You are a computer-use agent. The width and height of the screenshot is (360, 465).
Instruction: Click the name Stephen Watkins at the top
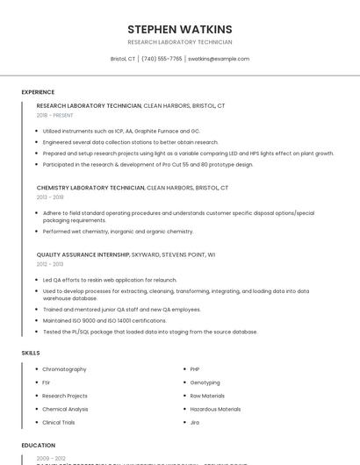coord(179,29)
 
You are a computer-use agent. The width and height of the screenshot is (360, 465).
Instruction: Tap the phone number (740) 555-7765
coord(162,59)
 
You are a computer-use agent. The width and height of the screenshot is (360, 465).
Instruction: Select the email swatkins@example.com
coord(219,59)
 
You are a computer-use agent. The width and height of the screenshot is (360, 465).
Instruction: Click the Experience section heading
coord(38,92)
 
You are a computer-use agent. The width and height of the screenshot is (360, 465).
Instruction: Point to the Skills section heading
coord(31,353)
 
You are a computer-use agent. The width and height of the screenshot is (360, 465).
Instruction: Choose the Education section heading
coord(39,445)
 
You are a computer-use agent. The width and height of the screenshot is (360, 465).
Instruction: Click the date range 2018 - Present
coord(56,115)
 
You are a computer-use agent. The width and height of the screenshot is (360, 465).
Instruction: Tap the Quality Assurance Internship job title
coord(83,254)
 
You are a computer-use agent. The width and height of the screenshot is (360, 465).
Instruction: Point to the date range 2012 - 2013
coord(50,264)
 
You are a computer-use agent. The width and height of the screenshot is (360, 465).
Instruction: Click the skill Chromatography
coord(64,369)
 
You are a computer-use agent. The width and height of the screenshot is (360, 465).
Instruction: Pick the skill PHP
coord(195,369)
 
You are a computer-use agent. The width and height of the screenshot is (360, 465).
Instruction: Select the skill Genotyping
coord(205,383)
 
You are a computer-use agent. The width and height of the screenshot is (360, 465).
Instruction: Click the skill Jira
coord(195,422)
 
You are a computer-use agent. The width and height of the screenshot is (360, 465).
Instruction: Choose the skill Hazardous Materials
coord(215,409)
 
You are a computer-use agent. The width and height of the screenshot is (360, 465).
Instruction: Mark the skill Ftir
coord(47,383)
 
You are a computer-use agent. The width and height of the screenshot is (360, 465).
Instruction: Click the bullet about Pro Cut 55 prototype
coord(148,164)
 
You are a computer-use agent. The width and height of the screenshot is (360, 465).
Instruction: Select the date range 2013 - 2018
coord(50,197)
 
